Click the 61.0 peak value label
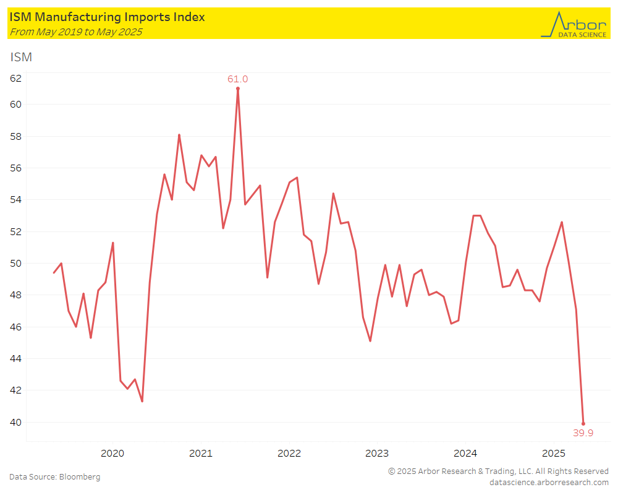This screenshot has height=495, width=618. click(237, 79)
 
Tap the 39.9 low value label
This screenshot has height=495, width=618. click(583, 433)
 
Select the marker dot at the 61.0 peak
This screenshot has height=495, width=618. click(238, 88)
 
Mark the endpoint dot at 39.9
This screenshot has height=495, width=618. click(583, 424)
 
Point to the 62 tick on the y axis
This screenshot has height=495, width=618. click(15, 79)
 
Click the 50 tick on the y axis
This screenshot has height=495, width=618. click(15, 264)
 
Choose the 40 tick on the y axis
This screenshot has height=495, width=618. click(15, 423)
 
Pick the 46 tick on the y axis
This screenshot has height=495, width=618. click(15, 327)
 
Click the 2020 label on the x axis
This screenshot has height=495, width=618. click(112, 453)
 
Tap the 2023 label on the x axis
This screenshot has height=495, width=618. click(377, 453)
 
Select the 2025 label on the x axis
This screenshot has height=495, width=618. click(554, 453)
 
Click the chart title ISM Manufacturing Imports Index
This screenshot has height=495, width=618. click(107, 17)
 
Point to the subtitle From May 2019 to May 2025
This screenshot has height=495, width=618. click(75, 32)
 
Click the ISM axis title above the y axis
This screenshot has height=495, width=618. click(20, 58)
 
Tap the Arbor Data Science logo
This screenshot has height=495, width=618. click(573, 24)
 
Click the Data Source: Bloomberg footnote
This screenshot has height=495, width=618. click(54, 477)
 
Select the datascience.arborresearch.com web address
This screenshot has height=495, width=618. click(549, 482)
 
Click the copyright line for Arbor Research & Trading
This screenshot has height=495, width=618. click(498, 471)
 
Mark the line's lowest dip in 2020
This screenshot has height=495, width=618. click(142, 402)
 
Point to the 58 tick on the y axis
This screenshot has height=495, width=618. click(15, 136)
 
